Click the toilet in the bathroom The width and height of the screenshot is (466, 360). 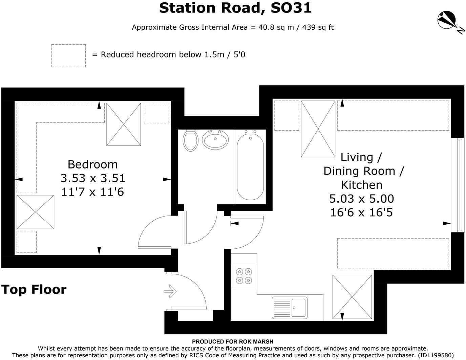tap(190, 140)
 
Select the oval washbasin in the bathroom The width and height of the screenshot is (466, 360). tap(215, 140)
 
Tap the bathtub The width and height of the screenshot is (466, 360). tap(250, 166)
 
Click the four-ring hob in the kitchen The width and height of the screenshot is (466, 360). tap(244, 276)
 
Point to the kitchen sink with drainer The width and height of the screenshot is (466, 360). tap(290, 308)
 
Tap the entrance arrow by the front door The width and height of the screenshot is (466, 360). tap(170, 291)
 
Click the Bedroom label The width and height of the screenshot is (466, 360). tap(93, 164)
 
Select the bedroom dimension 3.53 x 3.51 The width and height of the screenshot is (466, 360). tap(93, 178)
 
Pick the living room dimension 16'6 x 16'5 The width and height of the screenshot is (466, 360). tap(362, 212)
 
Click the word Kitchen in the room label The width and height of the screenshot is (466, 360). tap(362, 185)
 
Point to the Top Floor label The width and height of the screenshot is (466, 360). tap(34, 290)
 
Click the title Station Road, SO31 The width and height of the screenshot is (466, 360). tap(235, 8)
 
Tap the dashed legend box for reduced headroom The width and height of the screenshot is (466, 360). tap(69, 56)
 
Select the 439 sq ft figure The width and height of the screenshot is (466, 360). tap(318, 27)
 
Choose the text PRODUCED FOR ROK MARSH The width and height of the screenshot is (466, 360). tap(233, 342)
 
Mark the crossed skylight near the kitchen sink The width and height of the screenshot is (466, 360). tap(352, 297)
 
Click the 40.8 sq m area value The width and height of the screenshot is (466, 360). tap(276, 27)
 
